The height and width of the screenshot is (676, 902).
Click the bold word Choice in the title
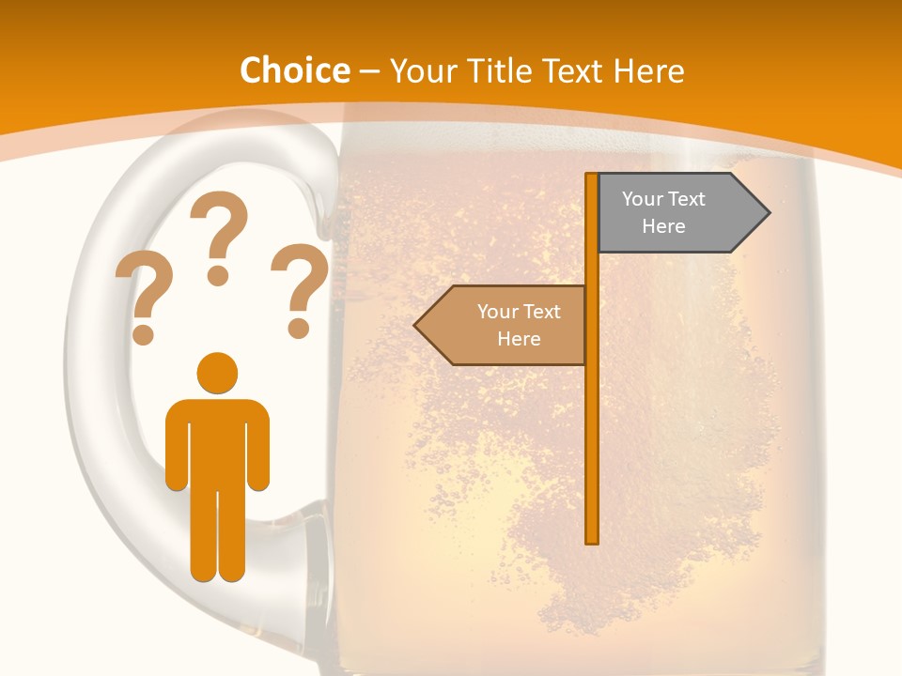point(294,70)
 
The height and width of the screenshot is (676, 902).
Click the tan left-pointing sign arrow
point(503,325)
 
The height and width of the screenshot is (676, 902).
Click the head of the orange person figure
point(217,373)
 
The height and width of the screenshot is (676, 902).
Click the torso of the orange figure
point(217,441)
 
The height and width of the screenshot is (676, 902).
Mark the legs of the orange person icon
point(217,535)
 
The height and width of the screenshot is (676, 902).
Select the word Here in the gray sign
point(663,226)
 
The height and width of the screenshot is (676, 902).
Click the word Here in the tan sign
point(519,339)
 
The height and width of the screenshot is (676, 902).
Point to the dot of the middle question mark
point(218,275)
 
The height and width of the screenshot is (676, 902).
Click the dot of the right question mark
point(299,329)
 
